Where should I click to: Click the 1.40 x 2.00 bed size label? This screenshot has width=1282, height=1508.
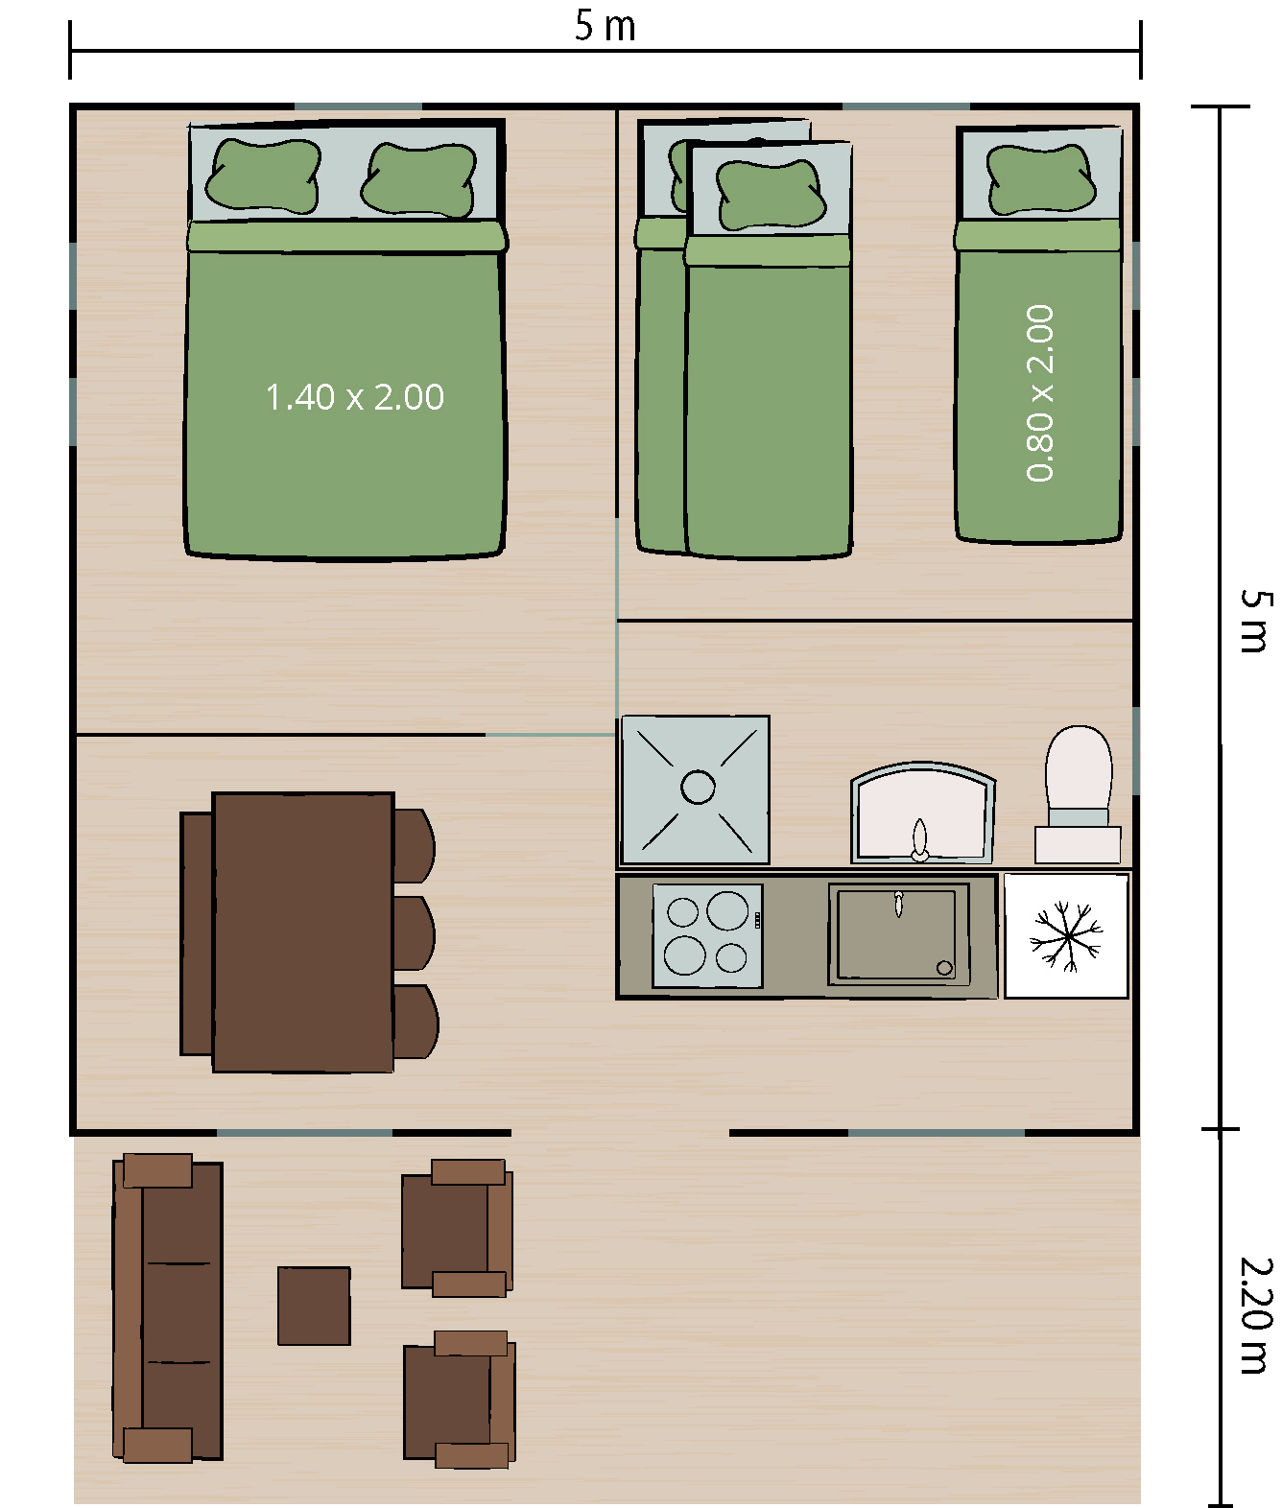355,397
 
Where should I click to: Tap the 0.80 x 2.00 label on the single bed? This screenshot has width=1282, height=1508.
1040,393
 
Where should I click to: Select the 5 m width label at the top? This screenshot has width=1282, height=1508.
605,26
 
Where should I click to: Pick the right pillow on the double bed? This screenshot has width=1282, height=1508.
418,179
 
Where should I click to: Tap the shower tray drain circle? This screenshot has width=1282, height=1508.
698,788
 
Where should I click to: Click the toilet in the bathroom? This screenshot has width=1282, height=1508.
1079,794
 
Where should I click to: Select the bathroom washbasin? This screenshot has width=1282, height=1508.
923,812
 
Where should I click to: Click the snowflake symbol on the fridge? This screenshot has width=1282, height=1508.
1066,937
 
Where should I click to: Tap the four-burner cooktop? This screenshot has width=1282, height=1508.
707,936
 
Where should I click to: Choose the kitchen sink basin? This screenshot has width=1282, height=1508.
899,934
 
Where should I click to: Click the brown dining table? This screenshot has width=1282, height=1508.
303,932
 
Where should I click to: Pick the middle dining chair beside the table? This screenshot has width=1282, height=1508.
415,933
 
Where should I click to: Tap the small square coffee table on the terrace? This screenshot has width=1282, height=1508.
314,1306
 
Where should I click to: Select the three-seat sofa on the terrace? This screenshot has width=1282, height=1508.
168,1308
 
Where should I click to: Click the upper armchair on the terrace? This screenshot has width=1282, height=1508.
458,1229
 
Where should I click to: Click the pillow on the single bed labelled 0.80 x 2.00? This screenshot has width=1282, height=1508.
1040,179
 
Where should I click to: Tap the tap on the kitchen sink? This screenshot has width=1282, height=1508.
899,904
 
